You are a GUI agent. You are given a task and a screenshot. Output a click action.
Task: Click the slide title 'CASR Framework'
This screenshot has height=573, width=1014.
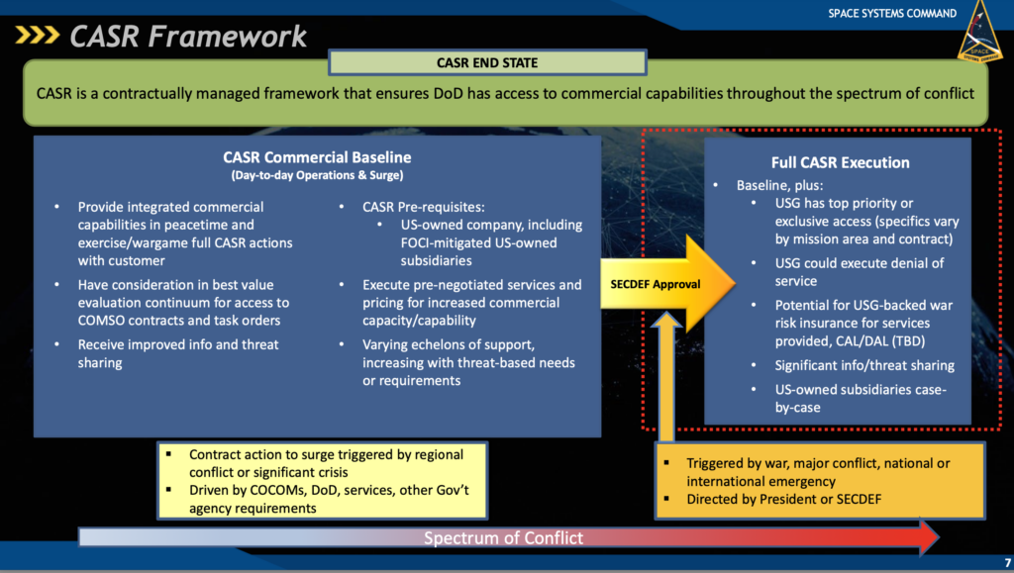pos(187,37)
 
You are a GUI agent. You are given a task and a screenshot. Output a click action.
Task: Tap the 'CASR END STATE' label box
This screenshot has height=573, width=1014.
pos(486,63)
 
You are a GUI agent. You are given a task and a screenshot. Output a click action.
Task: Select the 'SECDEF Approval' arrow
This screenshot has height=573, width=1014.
pos(656,284)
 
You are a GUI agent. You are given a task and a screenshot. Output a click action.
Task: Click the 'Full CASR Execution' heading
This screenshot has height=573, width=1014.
pos(840,162)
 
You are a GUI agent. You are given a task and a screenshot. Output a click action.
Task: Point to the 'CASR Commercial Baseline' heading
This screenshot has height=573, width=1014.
pos(317,157)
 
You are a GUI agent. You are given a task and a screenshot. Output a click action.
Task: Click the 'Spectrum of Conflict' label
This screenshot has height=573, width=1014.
pos(503,538)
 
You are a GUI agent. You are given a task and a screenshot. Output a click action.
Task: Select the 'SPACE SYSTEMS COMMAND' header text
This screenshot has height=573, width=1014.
pos(892,14)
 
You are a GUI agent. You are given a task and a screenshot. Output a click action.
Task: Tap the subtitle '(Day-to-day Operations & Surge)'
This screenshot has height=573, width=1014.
pos(317,176)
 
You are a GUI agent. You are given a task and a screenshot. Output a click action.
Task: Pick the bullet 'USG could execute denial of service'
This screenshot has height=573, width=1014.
pos(860,272)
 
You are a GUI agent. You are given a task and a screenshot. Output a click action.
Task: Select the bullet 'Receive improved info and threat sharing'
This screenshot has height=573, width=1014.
pos(178,353)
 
